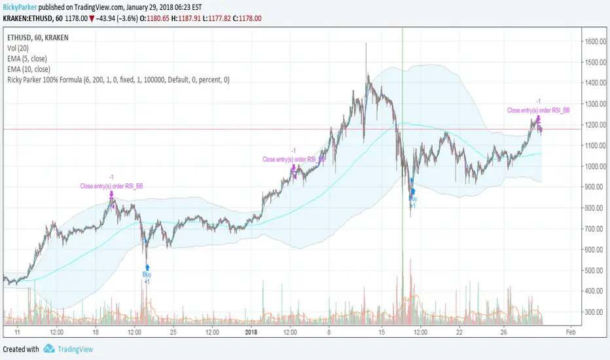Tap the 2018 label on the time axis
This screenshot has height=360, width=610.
(x=252, y=332)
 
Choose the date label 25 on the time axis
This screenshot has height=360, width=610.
(x=173, y=332)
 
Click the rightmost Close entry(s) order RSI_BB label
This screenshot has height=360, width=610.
(x=538, y=110)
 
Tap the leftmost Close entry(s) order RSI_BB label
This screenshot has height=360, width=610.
(x=111, y=186)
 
